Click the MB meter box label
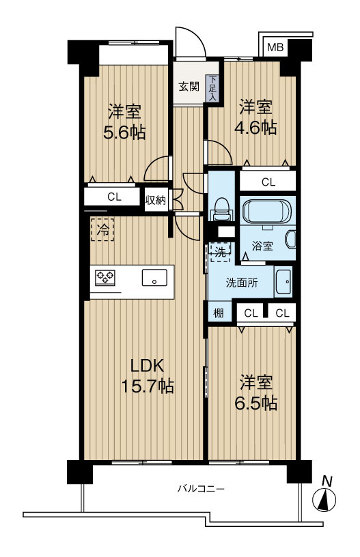(275, 47)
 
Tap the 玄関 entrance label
(189, 87)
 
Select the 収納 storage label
(156, 199)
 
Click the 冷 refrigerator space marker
(103, 230)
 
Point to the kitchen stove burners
(105, 277)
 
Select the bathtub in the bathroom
(266, 213)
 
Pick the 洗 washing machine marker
(220, 252)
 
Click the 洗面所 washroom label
(242, 283)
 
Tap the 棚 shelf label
(218, 313)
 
